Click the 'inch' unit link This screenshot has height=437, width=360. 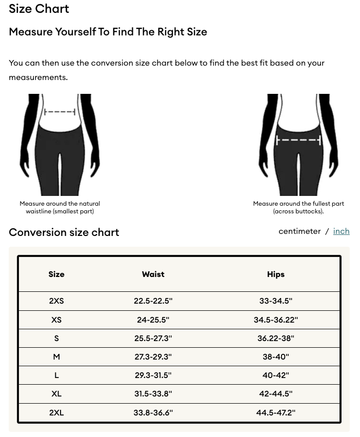(341, 231)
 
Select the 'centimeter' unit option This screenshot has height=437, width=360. (299, 231)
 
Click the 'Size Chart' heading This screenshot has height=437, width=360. (39, 9)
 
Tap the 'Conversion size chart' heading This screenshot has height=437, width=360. (64, 232)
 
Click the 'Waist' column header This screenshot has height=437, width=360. (153, 274)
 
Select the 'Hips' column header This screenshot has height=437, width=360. (276, 274)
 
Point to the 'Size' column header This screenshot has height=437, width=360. (56, 274)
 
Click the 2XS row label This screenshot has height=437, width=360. (56, 301)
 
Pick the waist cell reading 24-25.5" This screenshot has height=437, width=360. (153, 320)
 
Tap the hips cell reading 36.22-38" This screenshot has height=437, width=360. (276, 339)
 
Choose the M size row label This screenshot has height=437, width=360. (56, 357)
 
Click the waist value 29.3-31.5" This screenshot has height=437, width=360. (153, 375)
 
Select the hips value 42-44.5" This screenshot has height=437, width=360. (276, 394)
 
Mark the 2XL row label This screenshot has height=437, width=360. (56, 413)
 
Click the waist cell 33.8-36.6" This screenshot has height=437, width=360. (153, 413)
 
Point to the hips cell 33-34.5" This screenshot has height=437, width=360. (276, 301)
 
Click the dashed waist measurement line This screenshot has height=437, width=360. (60, 112)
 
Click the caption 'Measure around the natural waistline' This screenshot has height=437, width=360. (60, 207)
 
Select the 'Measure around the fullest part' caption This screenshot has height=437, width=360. (298, 207)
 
